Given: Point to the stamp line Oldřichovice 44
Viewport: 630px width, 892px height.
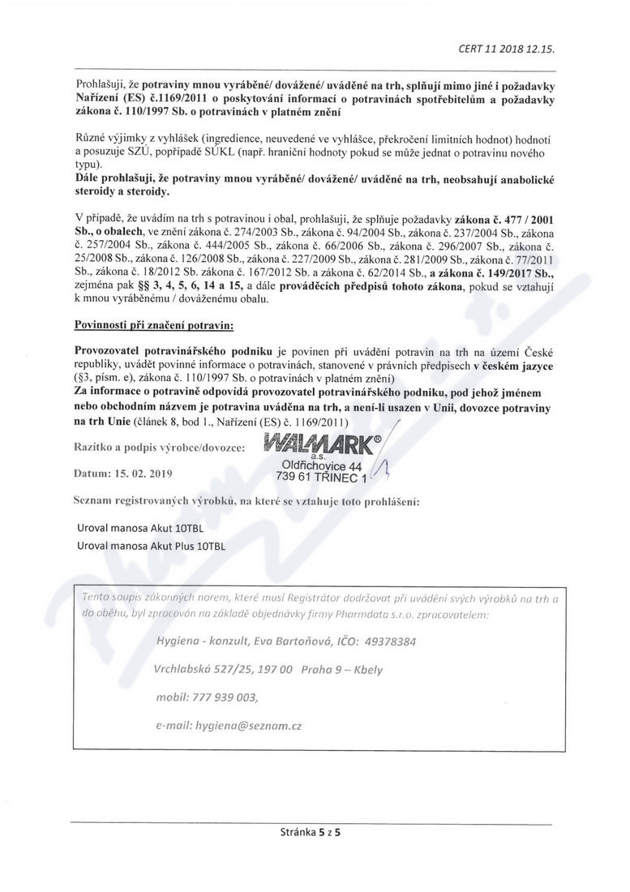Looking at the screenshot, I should pos(321,465).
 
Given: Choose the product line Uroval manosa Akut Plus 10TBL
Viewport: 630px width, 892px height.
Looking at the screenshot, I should pos(151,546).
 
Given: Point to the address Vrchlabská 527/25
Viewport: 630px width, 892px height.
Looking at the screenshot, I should pos(202,669).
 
